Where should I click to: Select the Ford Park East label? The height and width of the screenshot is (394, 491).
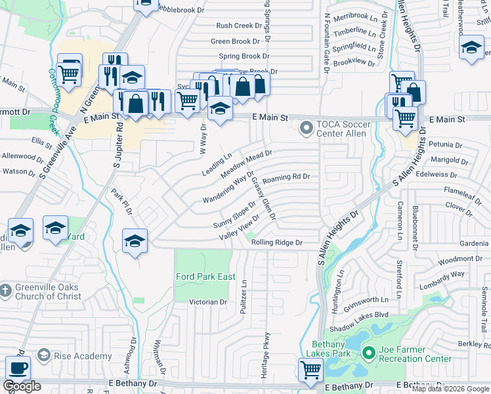tap(205, 276)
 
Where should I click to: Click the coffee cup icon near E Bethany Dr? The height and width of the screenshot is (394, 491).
tap(18, 368)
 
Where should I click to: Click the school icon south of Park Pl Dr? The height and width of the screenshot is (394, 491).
tap(135, 241)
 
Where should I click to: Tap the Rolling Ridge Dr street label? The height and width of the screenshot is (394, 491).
tap(276, 242)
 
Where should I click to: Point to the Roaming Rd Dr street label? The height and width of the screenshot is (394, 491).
tap(286, 177)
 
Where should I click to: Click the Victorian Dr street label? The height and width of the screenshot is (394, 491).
tap(207, 302)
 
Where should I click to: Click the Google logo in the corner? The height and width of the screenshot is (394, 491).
tap(22, 385)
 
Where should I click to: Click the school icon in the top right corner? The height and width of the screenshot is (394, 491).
tap(471, 47)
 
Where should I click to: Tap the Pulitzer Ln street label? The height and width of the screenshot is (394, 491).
tap(244, 286)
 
